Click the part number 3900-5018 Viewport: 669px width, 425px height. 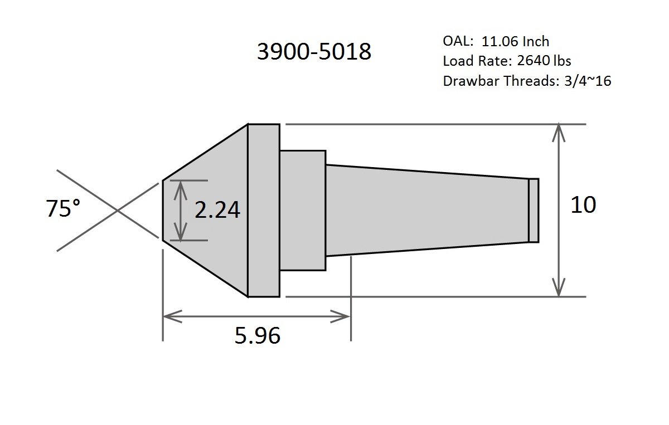point(314,52)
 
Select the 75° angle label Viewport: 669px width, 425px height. point(62,209)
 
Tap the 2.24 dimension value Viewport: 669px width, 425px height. point(217,210)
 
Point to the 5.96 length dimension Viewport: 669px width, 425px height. point(257,335)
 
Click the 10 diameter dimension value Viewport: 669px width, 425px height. point(583,205)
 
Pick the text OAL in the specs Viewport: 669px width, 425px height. point(454,41)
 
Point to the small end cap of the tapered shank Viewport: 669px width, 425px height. point(534,211)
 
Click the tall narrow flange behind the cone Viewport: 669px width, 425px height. point(264,211)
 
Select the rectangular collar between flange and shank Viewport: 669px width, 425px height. point(302,211)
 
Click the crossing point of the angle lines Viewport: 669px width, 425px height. point(117,211)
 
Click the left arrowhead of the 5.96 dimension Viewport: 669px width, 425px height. point(167,316)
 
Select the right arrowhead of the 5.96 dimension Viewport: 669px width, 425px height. point(345,316)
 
